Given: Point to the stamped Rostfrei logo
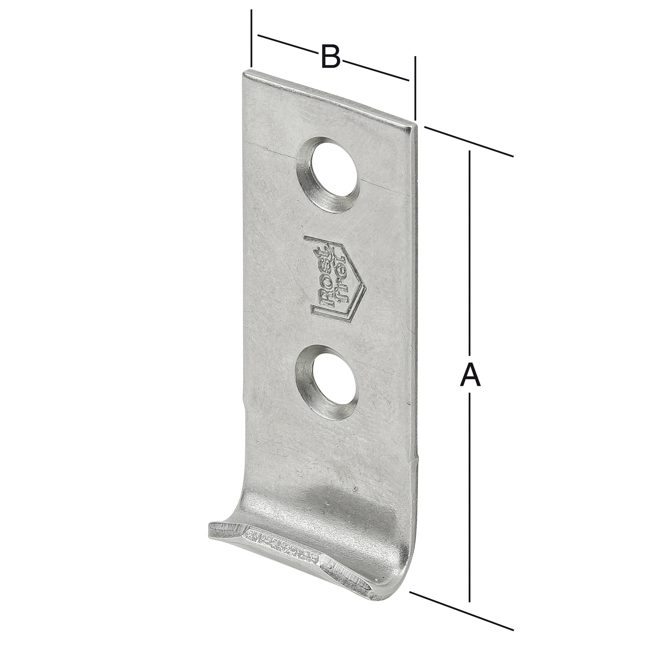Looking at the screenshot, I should point(336,278).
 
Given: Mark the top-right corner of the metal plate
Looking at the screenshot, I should point(415,126).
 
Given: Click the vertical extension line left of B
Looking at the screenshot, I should point(252,37).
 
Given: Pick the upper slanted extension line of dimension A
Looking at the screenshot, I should point(469,142).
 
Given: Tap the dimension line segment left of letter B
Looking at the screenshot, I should point(287,43).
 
